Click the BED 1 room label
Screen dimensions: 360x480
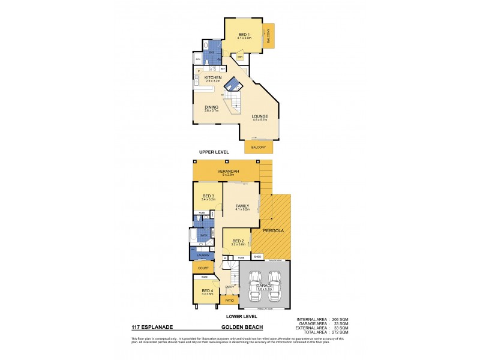(x=243, y=35)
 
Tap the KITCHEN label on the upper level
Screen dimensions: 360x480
(x=213, y=77)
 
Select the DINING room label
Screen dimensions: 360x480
(x=211, y=107)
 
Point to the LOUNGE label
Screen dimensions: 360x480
(x=259, y=116)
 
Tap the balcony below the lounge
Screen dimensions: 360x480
(x=259, y=146)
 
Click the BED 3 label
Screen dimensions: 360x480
(x=208, y=196)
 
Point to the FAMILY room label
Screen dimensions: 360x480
(x=242, y=206)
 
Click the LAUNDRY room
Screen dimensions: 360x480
(x=202, y=255)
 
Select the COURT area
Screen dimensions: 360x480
(x=201, y=268)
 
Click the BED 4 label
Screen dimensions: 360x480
(x=207, y=291)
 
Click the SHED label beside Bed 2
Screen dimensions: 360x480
(x=256, y=257)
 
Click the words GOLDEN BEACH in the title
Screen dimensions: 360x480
(x=239, y=328)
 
